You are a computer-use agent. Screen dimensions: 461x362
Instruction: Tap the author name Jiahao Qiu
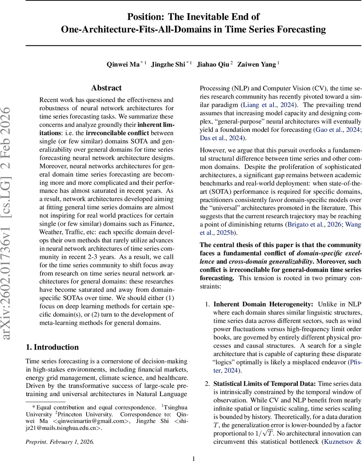pyautogui.click(x=213, y=65)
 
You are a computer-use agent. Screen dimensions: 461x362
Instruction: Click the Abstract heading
pyautogui.click(x=106, y=88)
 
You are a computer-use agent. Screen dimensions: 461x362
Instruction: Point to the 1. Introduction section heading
pyautogui.click(x=52, y=347)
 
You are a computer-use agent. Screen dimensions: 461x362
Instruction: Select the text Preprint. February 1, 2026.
pyautogui.click(x=60, y=431)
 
